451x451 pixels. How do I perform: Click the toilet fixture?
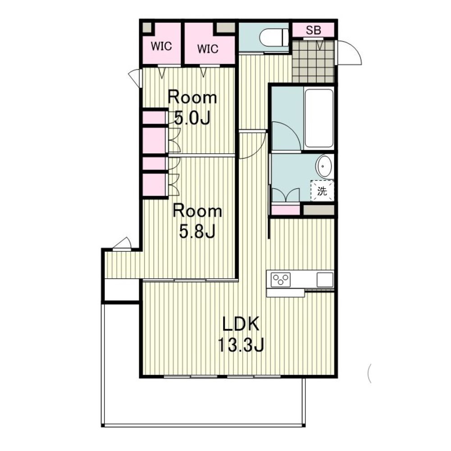point(274,37)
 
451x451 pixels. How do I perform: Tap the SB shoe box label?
point(313,30)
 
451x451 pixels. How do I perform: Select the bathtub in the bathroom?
point(319,118)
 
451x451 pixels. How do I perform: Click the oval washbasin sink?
point(324,167)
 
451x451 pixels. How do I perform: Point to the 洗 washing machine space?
point(322,191)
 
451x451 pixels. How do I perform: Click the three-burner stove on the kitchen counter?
point(281,279)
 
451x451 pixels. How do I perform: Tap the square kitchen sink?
point(325,279)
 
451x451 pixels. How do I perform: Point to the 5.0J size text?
point(193,118)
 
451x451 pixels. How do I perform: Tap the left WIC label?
point(161,46)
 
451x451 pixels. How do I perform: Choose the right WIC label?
point(208,49)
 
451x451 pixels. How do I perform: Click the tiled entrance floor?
point(313,61)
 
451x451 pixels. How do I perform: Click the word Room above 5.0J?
point(192,97)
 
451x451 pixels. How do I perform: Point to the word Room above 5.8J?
point(197,211)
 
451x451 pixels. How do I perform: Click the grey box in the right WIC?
point(226,28)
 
